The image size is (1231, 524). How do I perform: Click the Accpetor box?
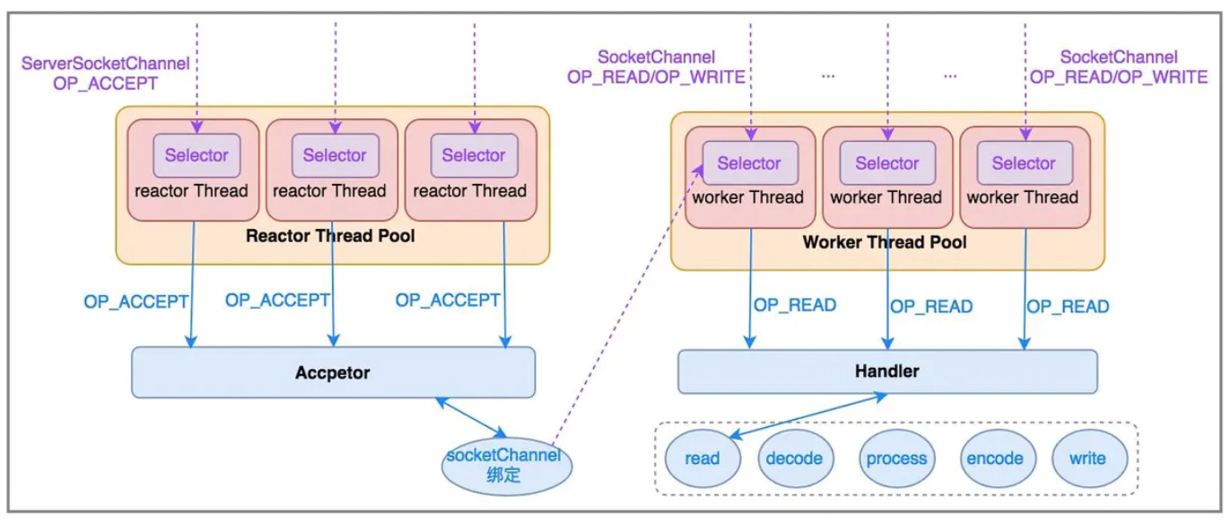[x=333, y=372]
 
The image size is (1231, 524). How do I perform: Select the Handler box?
[x=887, y=371]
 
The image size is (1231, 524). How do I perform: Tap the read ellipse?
[x=703, y=458]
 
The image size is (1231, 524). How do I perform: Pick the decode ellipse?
[x=795, y=458]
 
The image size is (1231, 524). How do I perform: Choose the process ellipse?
[x=897, y=458]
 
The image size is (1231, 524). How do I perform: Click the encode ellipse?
[x=998, y=458]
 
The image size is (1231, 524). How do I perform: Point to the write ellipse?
[x=1090, y=458]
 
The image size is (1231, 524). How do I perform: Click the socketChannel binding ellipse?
[x=507, y=467]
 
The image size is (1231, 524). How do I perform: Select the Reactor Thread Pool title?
[x=330, y=236]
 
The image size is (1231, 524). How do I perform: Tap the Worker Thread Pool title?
[x=885, y=242]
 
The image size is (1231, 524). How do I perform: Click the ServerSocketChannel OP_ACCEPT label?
[x=106, y=74]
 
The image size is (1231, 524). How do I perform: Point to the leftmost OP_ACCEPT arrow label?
[x=136, y=301]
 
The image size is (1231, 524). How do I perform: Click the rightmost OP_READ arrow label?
[x=1068, y=306]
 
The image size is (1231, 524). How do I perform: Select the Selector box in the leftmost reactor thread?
[x=196, y=155]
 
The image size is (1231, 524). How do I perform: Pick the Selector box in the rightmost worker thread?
[x=1025, y=163]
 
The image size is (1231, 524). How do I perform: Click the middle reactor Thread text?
[x=330, y=191]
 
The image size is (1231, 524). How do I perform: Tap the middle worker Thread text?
[x=886, y=196]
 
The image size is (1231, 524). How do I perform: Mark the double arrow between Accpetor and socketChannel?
[x=471, y=417]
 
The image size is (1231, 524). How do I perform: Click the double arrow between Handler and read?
[x=808, y=415]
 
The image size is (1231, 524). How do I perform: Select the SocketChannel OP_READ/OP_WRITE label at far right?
[x=1118, y=67]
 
